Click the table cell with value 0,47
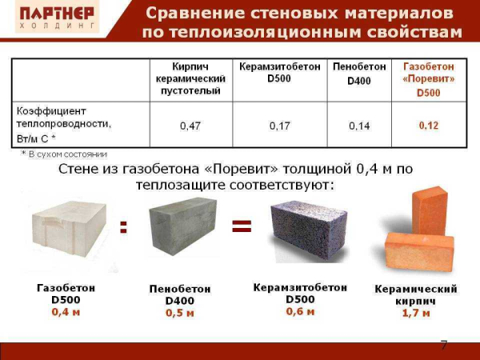point(189,126)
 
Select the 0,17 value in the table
point(280,126)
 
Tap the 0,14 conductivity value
point(359,126)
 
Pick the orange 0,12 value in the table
point(429,126)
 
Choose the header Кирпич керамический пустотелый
point(190,79)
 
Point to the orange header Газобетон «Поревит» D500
point(429,79)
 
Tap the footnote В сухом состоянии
point(67,154)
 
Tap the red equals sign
point(241,226)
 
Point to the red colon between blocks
point(123,227)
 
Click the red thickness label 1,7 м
point(415,313)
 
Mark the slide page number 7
point(444,345)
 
